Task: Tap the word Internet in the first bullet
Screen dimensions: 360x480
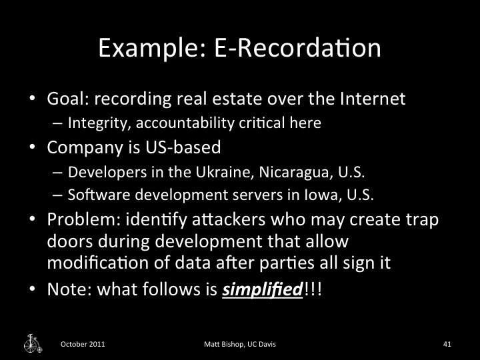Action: point(369,100)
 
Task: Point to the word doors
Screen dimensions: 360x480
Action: point(67,241)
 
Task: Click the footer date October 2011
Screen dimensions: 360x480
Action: point(82,344)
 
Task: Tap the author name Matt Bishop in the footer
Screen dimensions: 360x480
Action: point(224,344)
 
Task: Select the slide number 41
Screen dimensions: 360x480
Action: point(447,344)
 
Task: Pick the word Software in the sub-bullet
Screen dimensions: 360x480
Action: point(91,195)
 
